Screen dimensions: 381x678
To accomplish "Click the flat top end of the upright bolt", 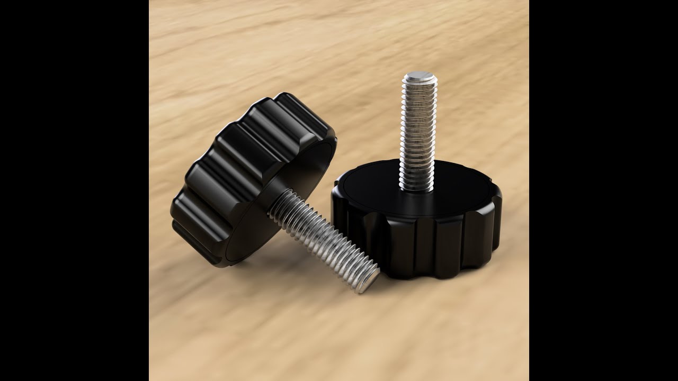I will (x=420, y=77).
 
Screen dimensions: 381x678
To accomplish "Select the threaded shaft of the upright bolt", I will (x=418, y=132).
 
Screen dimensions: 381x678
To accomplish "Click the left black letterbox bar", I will (x=74, y=190).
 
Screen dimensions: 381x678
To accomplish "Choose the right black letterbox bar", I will (x=603, y=190).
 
